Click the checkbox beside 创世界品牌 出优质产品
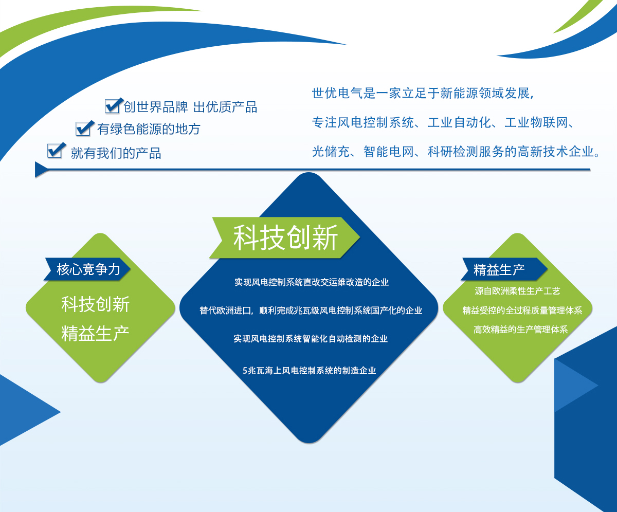click(x=113, y=106)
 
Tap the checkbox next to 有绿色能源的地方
click(x=84, y=128)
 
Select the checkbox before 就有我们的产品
click(x=55, y=151)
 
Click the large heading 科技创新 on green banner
click(x=286, y=238)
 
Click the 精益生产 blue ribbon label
click(x=499, y=269)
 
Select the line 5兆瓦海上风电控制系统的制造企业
click(x=309, y=370)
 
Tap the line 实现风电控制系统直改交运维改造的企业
click(x=311, y=282)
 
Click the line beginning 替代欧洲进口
click(x=311, y=310)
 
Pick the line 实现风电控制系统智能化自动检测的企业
click(x=311, y=339)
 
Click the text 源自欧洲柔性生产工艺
click(x=517, y=291)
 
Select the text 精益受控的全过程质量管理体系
click(x=522, y=310)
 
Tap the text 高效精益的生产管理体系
click(x=520, y=330)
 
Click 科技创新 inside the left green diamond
click(x=96, y=304)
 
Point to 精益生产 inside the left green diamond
click(x=96, y=333)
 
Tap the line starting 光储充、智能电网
click(x=455, y=152)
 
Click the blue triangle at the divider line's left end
click(x=41, y=169)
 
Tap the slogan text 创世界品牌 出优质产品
click(x=190, y=107)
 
